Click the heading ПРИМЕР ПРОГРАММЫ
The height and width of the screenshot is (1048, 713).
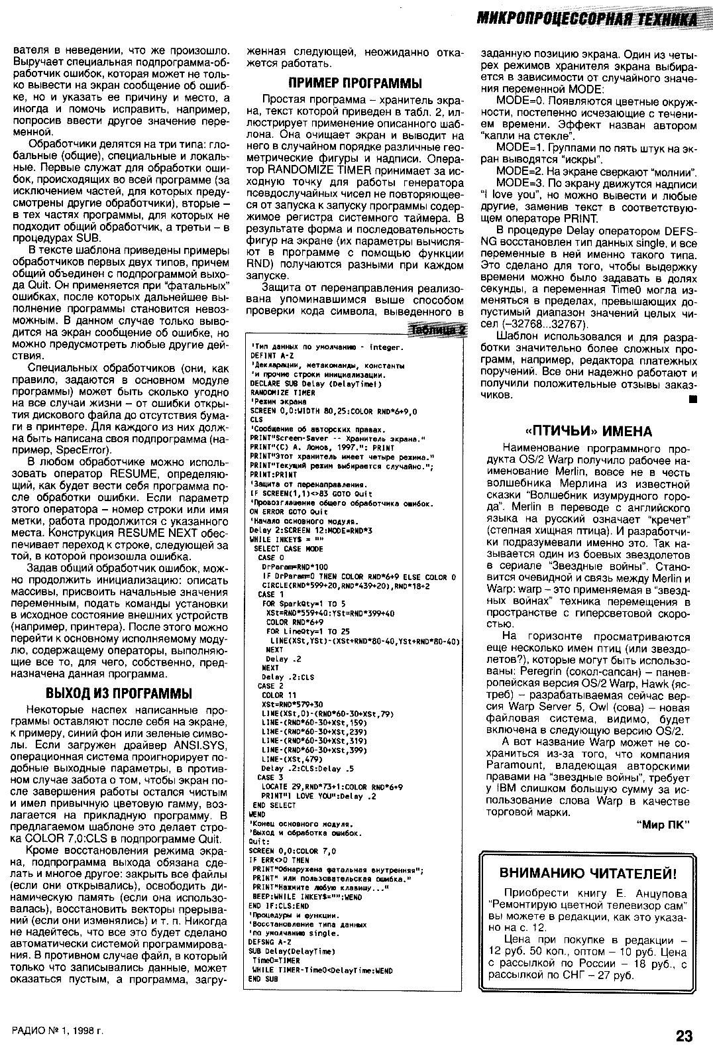click(x=355, y=84)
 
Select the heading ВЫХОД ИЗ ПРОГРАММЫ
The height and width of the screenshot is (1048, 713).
click(x=119, y=693)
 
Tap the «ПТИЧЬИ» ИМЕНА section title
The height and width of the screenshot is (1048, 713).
click(x=583, y=432)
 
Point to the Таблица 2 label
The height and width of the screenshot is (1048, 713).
click(x=439, y=330)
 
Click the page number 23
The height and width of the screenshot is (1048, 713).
click(x=685, y=1035)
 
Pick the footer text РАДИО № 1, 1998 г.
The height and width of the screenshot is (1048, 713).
click(x=58, y=1033)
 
